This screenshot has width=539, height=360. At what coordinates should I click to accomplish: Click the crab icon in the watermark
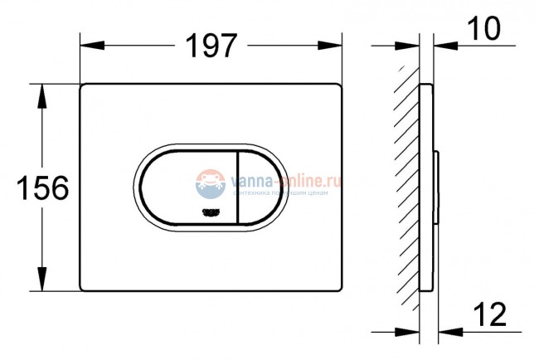click(x=211, y=183)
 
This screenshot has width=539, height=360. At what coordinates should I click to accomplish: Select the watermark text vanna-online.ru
click(x=286, y=179)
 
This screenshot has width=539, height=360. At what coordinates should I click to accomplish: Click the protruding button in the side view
click(x=436, y=187)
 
